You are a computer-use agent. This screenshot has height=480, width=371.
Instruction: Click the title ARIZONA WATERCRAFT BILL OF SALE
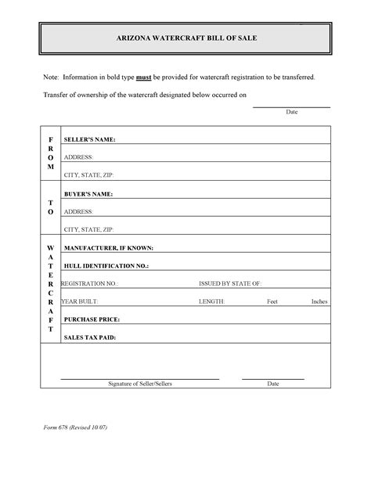pyautogui.click(x=185, y=38)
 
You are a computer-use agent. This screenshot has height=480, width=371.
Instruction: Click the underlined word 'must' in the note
pyautogui.click(x=143, y=78)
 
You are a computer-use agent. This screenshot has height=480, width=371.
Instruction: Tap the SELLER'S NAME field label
pyautogui.click(x=90, y=139)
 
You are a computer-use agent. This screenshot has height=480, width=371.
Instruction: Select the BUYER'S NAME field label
pyautogui.click(x=88, y=193)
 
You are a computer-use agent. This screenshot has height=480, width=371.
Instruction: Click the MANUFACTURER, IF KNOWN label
pyautogui.click(x=108, y=248)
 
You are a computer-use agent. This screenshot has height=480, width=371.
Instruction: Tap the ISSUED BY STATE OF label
pyautogui.click(x=230, y=283)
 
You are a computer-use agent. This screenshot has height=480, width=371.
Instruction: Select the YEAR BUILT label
pyautogui.click(x=80, y=301)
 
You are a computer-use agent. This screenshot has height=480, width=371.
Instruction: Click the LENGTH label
pyautogui.click(x=211, y=301)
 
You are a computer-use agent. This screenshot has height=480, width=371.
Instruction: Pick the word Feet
pyautogui.click(x=272, y=301)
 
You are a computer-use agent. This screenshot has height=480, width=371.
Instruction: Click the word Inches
pyautogui.click(x=319, y=301)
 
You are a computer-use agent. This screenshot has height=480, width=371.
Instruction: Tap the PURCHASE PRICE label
pyautogui.click(x=92, y=319)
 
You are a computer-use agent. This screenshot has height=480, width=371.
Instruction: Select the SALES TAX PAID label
pyautogui.click(x=90, y=337)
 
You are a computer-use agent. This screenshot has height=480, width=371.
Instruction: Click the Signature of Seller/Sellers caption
pyautogui.click(x=140, y=384)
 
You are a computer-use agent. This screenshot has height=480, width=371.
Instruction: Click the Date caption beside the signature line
pyautogui.click(x=273, y=384)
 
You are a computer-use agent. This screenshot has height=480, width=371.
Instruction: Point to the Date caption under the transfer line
pyautogui.click(x=291, y=113)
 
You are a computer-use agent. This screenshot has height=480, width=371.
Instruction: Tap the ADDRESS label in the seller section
pyautogui.click(x=78, y=157)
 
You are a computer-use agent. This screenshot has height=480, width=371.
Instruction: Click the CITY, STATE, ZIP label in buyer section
pyautogui.click(x=88, y=229)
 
